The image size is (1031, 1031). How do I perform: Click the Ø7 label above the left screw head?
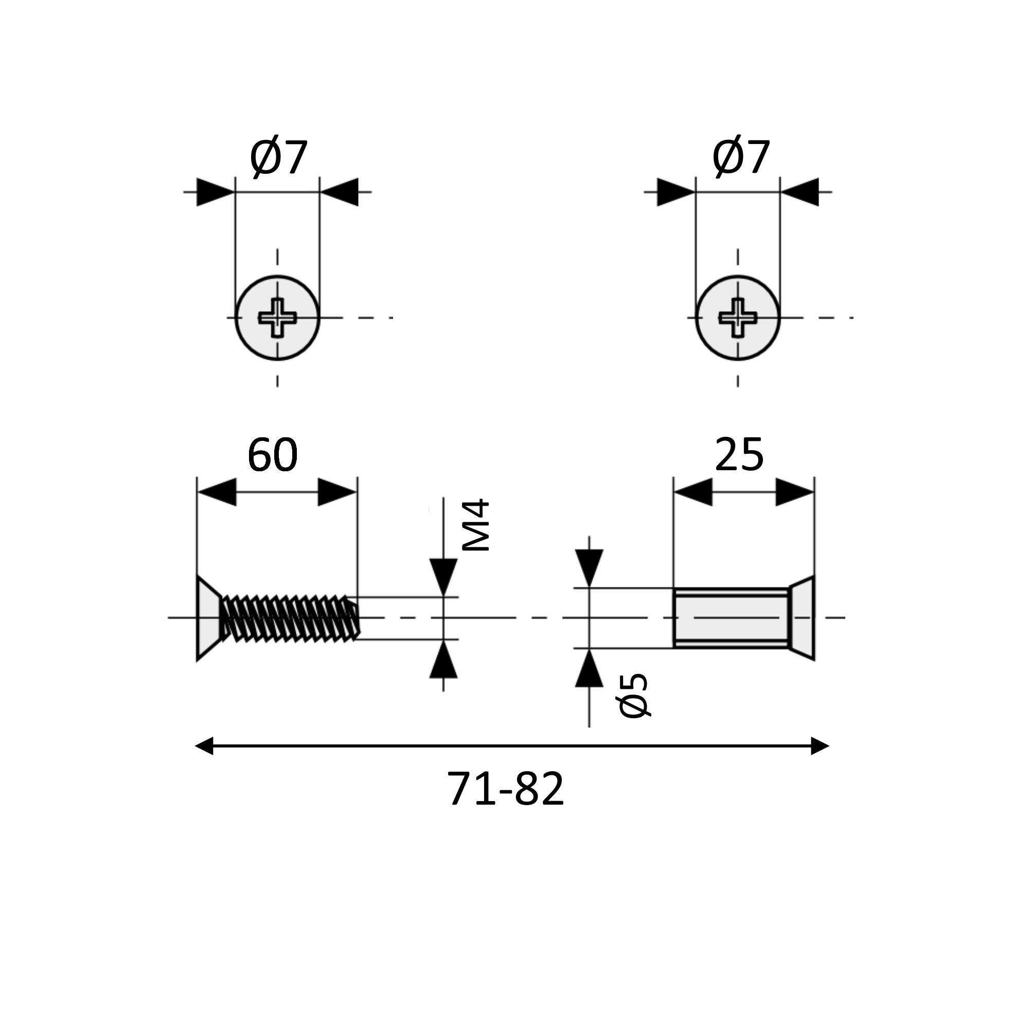point(278,158)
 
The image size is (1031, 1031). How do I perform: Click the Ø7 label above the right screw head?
point(741,158)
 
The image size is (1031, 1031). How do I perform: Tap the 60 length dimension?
point(272,455)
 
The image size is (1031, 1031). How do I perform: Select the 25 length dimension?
point(739,455)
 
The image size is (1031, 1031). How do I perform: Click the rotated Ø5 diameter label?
point(633,696)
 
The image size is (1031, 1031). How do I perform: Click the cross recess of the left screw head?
point(277,318)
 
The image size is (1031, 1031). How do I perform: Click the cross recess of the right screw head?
point(738,318)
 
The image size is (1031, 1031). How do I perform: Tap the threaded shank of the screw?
point(291,618)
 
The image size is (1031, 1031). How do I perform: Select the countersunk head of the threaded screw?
point(208,618)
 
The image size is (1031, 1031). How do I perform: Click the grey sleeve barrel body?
point(731,618)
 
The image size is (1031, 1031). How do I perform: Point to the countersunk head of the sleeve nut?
point(802,618)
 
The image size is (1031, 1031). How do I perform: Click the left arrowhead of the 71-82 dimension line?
point(205,745)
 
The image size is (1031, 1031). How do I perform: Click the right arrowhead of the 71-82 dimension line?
point(819,745)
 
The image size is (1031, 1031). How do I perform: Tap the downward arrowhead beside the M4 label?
point(443,576)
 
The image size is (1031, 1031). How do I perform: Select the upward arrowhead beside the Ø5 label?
point(589,668)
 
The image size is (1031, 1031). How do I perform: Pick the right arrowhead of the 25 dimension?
point(794,492)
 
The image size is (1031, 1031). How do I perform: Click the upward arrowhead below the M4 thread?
point(443,660)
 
